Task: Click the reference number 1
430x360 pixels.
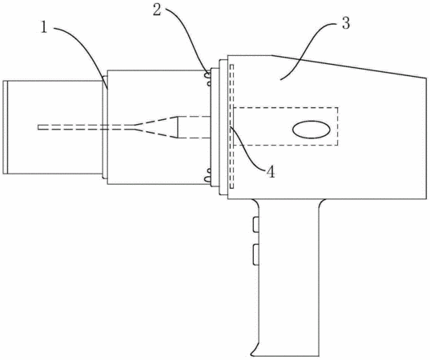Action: click(44, 28)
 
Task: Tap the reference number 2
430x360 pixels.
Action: click(157, 10)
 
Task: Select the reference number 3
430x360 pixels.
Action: click(346, 23)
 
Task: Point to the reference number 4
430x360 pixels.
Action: click(271, 172)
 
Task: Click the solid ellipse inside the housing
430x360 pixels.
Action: click(311, 130)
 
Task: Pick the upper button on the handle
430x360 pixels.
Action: click(255, 224)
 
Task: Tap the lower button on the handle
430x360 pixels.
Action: click(255, 254)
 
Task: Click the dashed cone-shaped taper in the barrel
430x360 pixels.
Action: click(156, 127)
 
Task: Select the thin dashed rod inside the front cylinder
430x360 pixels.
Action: click(86, 127)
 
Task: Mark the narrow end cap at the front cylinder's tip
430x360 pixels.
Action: click(6, 127)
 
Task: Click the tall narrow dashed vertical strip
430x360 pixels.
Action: click(231, 126)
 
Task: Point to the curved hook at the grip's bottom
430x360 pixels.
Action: click(254, 348)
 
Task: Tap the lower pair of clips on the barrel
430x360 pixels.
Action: click(208, 175)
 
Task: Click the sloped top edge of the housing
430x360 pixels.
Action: click(349, 66)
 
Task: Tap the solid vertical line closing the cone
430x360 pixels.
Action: click(178, 127)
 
